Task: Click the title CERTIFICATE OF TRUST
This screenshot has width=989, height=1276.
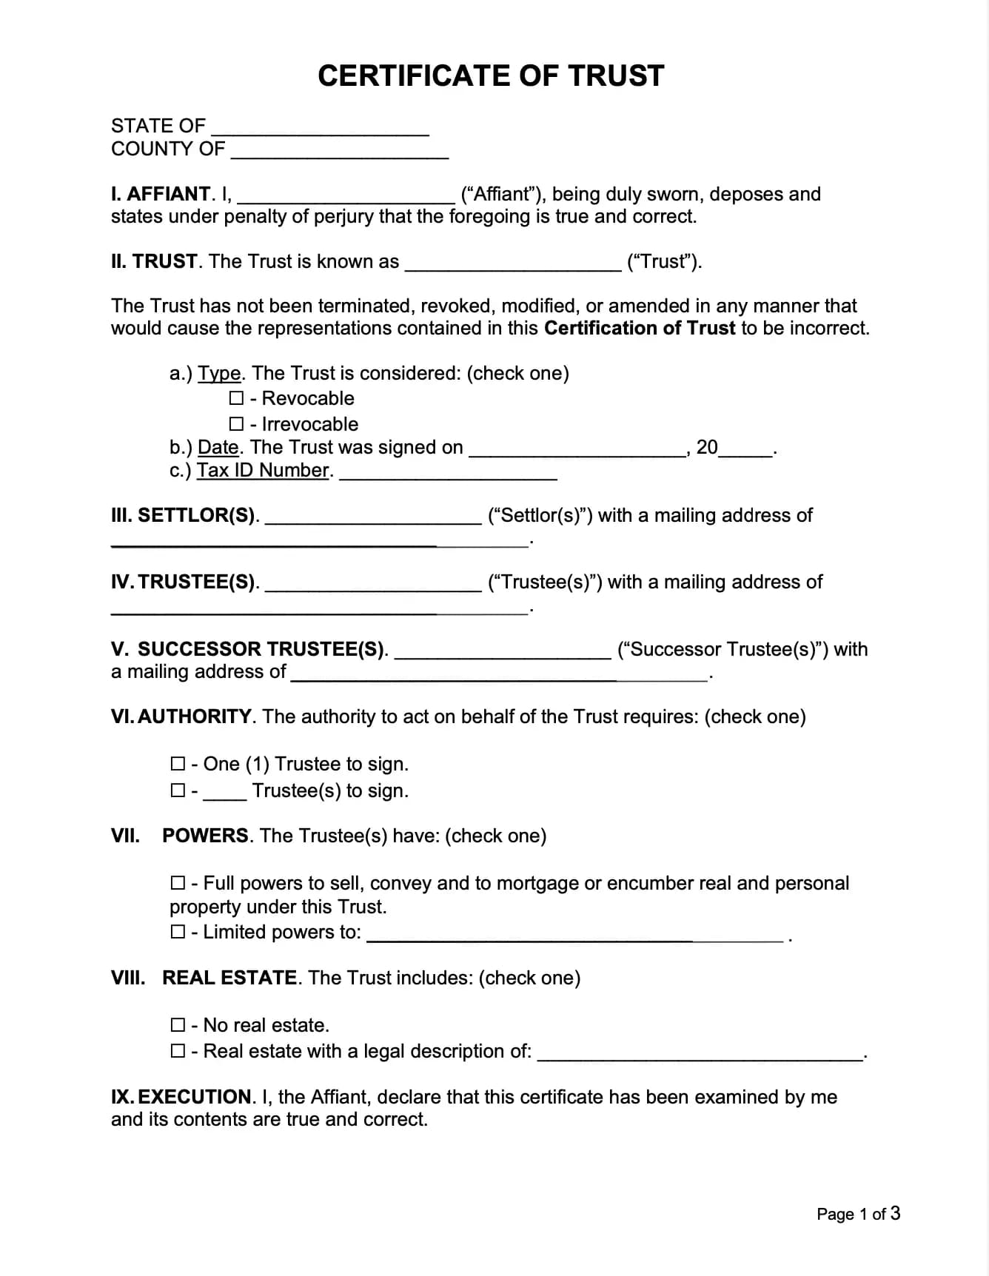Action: [x=491, y=75]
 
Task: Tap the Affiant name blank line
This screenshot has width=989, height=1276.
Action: [x=346, y=197]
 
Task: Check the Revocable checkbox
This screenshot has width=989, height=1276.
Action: [x=236, y=398]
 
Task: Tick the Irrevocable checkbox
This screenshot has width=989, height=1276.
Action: [x=236, y=424]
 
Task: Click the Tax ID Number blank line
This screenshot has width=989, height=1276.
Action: [x=448, y=474]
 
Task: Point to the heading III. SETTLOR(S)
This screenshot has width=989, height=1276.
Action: [x=184, y=515]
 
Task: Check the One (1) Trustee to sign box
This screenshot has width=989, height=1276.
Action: [x=178, y=763]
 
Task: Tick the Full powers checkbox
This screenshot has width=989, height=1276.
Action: [x=178, y=882]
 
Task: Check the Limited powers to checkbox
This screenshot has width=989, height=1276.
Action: [x=178, y=931]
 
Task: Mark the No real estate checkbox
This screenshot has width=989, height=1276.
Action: [x=178, y=1024]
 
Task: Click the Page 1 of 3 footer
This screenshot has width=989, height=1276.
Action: [x=858, y=1214]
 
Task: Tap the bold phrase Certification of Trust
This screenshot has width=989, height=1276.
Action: [x=640, y=328]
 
